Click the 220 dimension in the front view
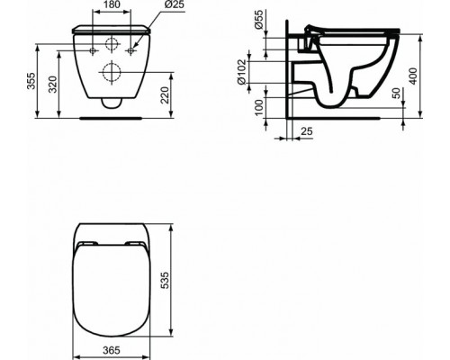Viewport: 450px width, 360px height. tap(166, 92)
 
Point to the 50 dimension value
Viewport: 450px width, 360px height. tap(395, 95)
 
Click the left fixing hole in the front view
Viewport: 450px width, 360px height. tap(94, 51)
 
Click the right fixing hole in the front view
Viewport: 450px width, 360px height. tap(130, 51)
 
